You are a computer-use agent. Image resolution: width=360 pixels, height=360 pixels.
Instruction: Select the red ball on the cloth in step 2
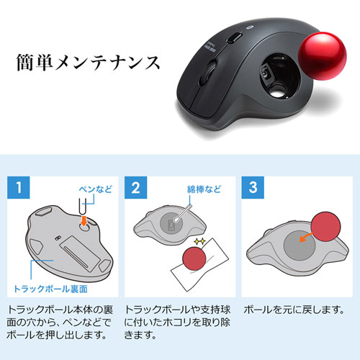point(195,258)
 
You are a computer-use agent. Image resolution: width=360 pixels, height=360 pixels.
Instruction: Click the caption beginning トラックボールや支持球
point(176,323)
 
